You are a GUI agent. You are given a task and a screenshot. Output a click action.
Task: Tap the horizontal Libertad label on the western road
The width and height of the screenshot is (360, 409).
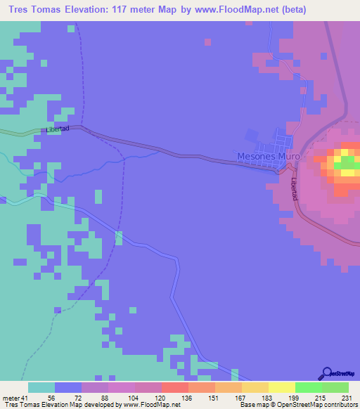[x=58, y=130]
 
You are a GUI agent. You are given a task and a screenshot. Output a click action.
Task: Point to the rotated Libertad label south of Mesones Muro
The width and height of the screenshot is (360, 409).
[x=295, y=188]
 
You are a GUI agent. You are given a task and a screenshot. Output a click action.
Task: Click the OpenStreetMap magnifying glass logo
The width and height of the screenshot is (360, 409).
[x=327, y=372]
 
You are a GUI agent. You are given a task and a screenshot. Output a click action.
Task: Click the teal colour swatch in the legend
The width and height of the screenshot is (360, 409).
[x=41, y=387]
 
